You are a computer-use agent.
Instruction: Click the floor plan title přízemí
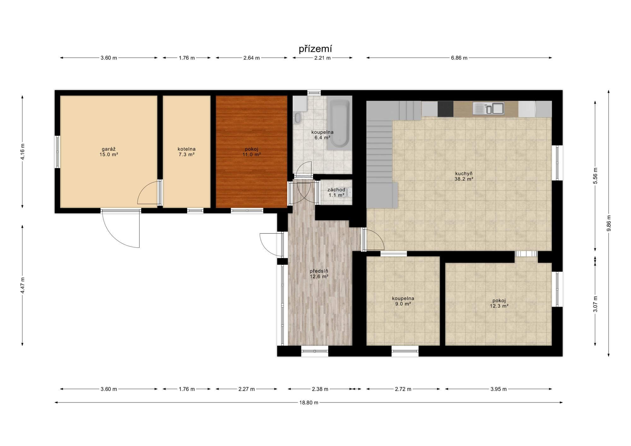[x=315, y=49]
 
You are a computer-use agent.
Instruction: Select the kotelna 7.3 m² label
[x=186, y=152]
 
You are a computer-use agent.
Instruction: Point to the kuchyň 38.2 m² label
[x=464, y=176]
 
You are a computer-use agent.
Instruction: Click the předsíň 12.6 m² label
[x=319, y=274]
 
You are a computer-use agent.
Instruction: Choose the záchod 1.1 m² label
[x=336, y=192]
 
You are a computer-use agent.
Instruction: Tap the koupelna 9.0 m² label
[x=403, y=301]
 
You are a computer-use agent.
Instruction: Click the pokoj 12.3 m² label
[x=499, y=303]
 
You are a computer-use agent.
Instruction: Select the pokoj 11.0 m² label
[x=251, y=152]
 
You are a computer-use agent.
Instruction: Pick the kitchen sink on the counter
[x=488, y=108]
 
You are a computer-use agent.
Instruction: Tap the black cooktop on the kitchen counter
[x=445, y=109]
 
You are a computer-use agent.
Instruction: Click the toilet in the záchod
[x=349, y=192]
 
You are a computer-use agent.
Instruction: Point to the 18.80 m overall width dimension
[x=309, y=402]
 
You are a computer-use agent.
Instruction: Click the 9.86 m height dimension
[x=609, y=223]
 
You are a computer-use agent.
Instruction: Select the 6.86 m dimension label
[x=459, y=58]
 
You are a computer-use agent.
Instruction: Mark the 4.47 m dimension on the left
[x=22, y=285]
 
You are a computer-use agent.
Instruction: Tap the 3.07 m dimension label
[x=595, y=304]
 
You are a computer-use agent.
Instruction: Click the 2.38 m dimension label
[x=320, y=389]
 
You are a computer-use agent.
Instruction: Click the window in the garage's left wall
[x=57, y=152]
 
